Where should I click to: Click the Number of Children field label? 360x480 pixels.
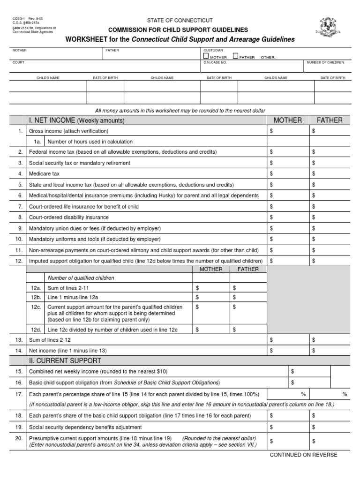tap(325, 62)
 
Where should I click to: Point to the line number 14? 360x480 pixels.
tap(20, 350)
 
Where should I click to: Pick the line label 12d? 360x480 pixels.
tap(36, 330)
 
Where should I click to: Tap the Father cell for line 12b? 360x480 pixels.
tap(248, 297)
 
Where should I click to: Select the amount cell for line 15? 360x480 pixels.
tap(309, 371)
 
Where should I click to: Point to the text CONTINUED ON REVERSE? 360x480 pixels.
tap(303, 455)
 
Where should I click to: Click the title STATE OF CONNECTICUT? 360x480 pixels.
tap(180, 21)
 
